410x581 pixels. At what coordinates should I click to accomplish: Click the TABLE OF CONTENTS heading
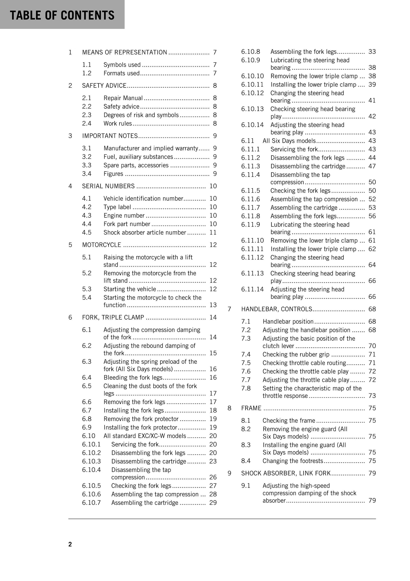click(x=62, y=15)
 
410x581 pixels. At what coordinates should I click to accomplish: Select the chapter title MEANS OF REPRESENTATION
click(x=124, y=52)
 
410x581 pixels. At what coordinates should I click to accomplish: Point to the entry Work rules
click(x=118, y=123)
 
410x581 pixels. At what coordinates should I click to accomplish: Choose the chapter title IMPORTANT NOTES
click(x=110, y=136)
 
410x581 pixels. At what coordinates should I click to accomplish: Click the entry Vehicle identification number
click(x=143, y=199)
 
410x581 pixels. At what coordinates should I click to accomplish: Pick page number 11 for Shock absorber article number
click(x=213, y=232)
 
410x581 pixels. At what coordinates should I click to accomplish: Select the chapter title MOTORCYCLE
click(x=102, y=245)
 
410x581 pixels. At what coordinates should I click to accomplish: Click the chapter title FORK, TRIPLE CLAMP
click(x=113, y=318)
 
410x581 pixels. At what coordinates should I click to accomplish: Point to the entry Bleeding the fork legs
click(x=133, y=378)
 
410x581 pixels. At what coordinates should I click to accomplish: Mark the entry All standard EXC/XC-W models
click(x=145, y=436)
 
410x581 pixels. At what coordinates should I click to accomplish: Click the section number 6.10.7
click(x=91, y=503)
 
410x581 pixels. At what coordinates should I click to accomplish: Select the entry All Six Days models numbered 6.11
click(x=289, y=141)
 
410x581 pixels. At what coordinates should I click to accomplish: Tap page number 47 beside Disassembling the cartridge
click(x=372, y=166)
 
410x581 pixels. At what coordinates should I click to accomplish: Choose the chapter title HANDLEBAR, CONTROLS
click(x=277, y=309)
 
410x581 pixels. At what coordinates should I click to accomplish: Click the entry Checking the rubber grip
click(x=296, y=354)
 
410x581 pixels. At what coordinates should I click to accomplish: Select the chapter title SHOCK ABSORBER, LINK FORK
click(x=286, y=473)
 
